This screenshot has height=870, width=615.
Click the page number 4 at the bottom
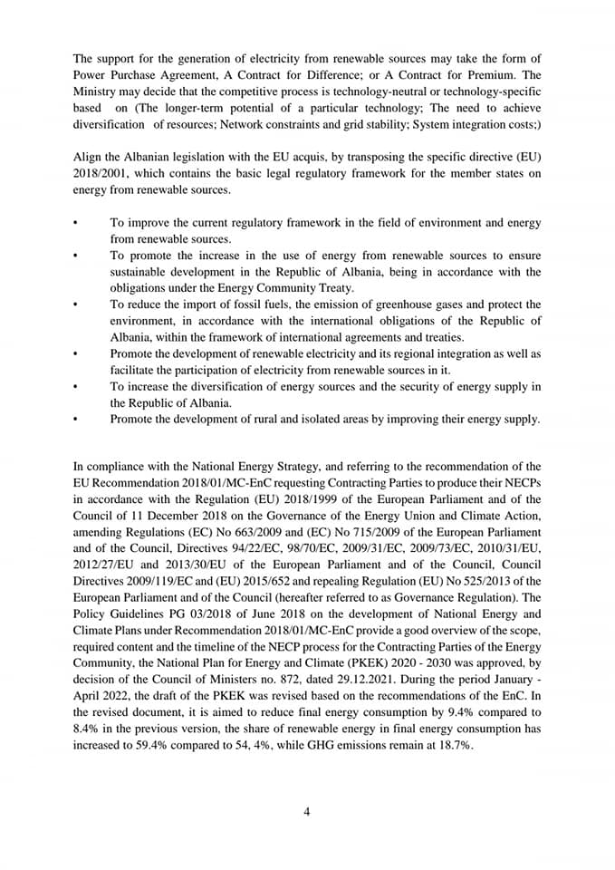click(307, 811)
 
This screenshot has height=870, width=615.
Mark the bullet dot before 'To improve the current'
click(75, 223)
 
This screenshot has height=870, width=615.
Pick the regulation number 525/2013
click(483, 581)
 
